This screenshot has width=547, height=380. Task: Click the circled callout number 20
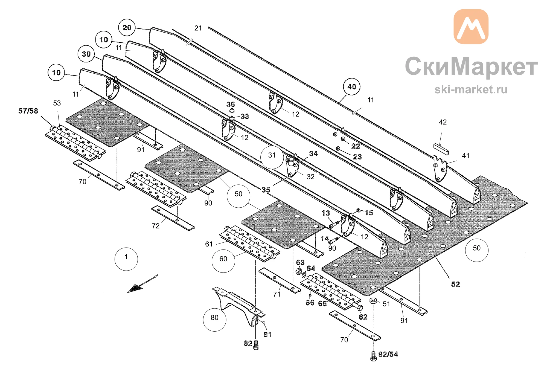[127, 28]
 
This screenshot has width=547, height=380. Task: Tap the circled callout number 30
[86, 54]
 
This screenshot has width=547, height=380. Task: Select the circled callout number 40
[352, 87]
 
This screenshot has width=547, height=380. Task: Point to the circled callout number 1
[126, 259]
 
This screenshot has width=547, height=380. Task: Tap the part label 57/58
[28, 111]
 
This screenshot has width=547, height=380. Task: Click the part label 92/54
[388, 354]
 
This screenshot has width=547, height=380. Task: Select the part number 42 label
[443, 122]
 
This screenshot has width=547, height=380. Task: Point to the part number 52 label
[455, 284]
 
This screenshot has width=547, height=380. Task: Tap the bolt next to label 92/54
[373, 356]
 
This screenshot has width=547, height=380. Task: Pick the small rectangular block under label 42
[441, 149]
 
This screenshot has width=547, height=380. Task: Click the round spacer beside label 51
[373, 301]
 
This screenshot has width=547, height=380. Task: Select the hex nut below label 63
[299, 272]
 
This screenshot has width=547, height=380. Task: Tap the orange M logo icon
[471, 27]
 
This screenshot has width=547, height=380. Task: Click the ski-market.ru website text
[471, 89]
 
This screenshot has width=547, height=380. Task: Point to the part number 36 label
[231, 104]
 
